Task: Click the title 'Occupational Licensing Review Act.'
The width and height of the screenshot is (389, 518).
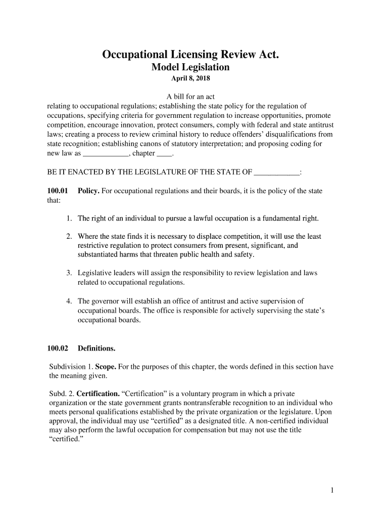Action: (190, 54)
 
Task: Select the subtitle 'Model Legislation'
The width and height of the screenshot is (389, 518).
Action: (190, 67)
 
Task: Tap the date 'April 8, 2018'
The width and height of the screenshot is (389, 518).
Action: (190, 79)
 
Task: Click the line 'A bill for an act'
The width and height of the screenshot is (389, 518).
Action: (190, 97)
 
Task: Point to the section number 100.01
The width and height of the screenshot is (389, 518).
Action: (57, 191)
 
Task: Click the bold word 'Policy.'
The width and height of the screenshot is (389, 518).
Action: (88, 191)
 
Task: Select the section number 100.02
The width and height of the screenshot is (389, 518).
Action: (57, 348)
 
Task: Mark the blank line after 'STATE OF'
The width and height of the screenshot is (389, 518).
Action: (276, 172)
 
